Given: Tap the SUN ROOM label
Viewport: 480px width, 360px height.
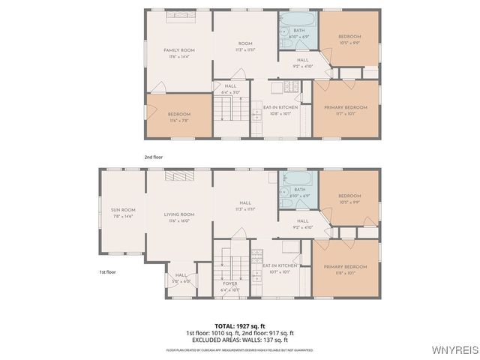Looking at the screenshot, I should click(x=122, y=213).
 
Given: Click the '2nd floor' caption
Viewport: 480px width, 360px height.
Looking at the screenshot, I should click(x=153, y=157).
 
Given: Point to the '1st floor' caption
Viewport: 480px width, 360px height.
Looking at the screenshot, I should click(x=108, y=272).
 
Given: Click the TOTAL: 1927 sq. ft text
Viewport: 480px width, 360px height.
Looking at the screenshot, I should click(x=239, y=326).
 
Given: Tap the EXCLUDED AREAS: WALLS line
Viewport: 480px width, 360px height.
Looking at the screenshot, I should click(x=239, y=340).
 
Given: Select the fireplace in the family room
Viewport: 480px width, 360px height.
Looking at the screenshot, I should click(x=178, y=15).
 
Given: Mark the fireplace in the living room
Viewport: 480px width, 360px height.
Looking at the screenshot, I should click(x=178, y=175).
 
